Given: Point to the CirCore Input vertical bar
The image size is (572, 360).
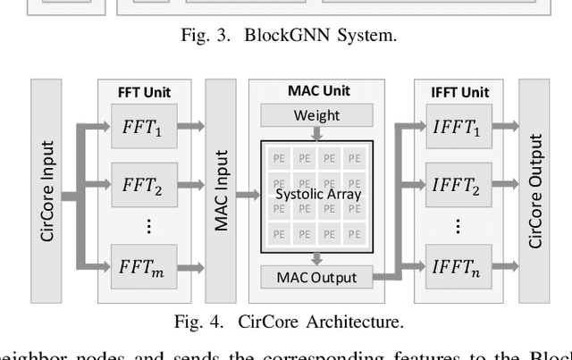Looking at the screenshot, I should click(x=47, y=191).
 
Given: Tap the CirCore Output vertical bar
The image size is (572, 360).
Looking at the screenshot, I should click(x=535, y=191).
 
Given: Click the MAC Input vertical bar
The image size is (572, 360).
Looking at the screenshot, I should click(x=222, y=191).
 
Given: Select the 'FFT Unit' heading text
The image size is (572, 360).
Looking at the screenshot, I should click(x=144, y=92).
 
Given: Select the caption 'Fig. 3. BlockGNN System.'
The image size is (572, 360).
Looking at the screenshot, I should click(x=286, y=37).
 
